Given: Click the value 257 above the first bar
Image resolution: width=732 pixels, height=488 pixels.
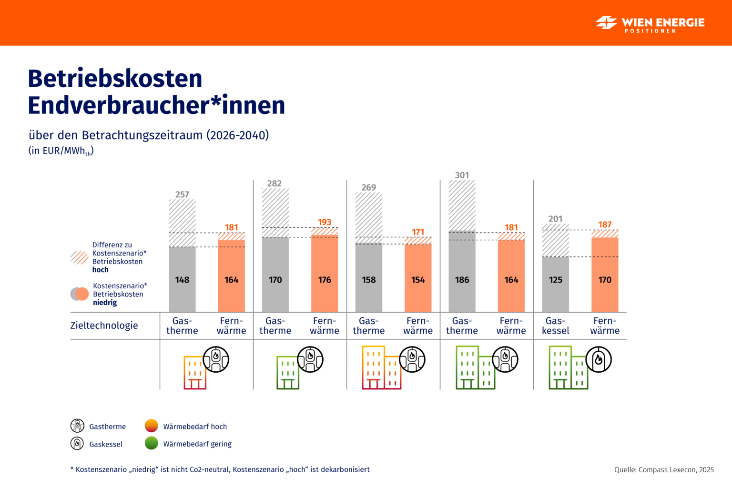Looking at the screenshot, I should point(182,194).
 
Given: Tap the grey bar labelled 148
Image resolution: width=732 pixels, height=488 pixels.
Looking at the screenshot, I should point(182,279).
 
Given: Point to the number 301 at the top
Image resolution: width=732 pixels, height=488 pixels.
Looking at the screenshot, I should point(462,175).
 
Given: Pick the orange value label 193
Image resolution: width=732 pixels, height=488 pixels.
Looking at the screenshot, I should point(325,222).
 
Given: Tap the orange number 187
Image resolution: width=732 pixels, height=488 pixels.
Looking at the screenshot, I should point(605,224).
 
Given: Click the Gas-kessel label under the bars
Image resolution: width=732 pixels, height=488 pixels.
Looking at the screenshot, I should point(556,326).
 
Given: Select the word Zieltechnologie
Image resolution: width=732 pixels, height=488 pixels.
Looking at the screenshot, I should point(104,325).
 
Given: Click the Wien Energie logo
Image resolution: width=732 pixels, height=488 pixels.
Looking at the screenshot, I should point(650,23).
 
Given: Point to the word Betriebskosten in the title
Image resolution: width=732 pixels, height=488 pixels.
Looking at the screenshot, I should point(115,79).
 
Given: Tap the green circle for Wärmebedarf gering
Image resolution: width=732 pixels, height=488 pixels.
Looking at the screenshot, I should point(151,443).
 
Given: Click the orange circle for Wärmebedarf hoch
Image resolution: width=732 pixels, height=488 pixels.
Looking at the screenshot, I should point(151,426).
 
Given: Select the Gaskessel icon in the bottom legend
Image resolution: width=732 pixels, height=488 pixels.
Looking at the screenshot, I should point(77,443).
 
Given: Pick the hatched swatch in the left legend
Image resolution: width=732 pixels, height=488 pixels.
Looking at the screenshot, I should point(79,258).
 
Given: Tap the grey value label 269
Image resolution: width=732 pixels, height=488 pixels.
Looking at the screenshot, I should point(368,187).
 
